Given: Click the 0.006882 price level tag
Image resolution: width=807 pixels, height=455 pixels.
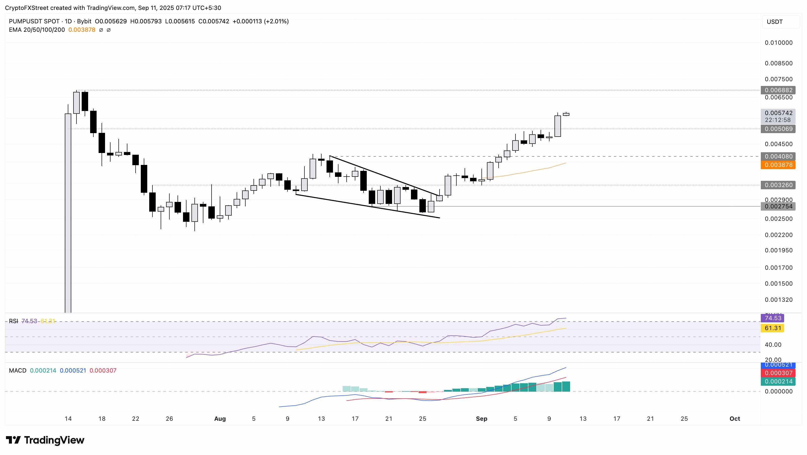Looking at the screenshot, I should pyautogui.click(x=778, y=90).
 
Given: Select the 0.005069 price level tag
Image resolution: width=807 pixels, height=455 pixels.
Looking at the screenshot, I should pyautogui.click(x=778, y=129).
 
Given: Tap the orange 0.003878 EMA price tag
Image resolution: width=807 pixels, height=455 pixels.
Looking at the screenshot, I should pyautogui.click(x=778, y=165).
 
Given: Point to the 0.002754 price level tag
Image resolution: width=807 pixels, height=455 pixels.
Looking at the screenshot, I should pyautogui.click(x=778, y=206).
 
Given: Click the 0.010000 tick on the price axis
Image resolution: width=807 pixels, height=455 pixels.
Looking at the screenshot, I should pyautogui.click(x=778, y=43).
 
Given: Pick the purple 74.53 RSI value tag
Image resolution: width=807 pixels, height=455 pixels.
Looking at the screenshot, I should pyautogui.click(x=772, y=318).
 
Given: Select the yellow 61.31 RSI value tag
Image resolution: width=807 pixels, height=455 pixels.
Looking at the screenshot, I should pyautogui.click(x=772, y=328).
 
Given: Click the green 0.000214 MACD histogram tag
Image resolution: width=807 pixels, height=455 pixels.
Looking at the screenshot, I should pyautogui.click(x=778, y=382).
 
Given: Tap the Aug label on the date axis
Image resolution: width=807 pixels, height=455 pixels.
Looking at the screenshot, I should pyautogui.click(x=220, y=419).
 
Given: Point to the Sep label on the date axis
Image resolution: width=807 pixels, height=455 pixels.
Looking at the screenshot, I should pyautogui.click(x=481, y=419).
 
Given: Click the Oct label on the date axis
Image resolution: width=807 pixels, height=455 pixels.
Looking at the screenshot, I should pyautogui.click(x=735, y=419).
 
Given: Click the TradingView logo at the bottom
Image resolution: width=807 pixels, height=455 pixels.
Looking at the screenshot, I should pyautogui.click(x=45, y=440).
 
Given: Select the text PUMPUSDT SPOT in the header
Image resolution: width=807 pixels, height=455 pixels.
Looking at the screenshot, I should pyautogui.click(x=34, y=22).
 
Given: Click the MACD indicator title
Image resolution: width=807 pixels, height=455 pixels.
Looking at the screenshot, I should pyautogui.click(x=18, y=371).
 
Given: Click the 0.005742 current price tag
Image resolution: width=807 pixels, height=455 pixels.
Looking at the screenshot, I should pyautogui.click(x=778, y=113).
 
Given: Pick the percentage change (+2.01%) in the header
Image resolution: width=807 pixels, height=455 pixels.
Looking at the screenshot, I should pyautogui.click(x=276, y=22).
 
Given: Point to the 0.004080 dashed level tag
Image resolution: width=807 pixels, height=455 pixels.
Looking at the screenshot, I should pyautogui.click(x=778, y=157).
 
